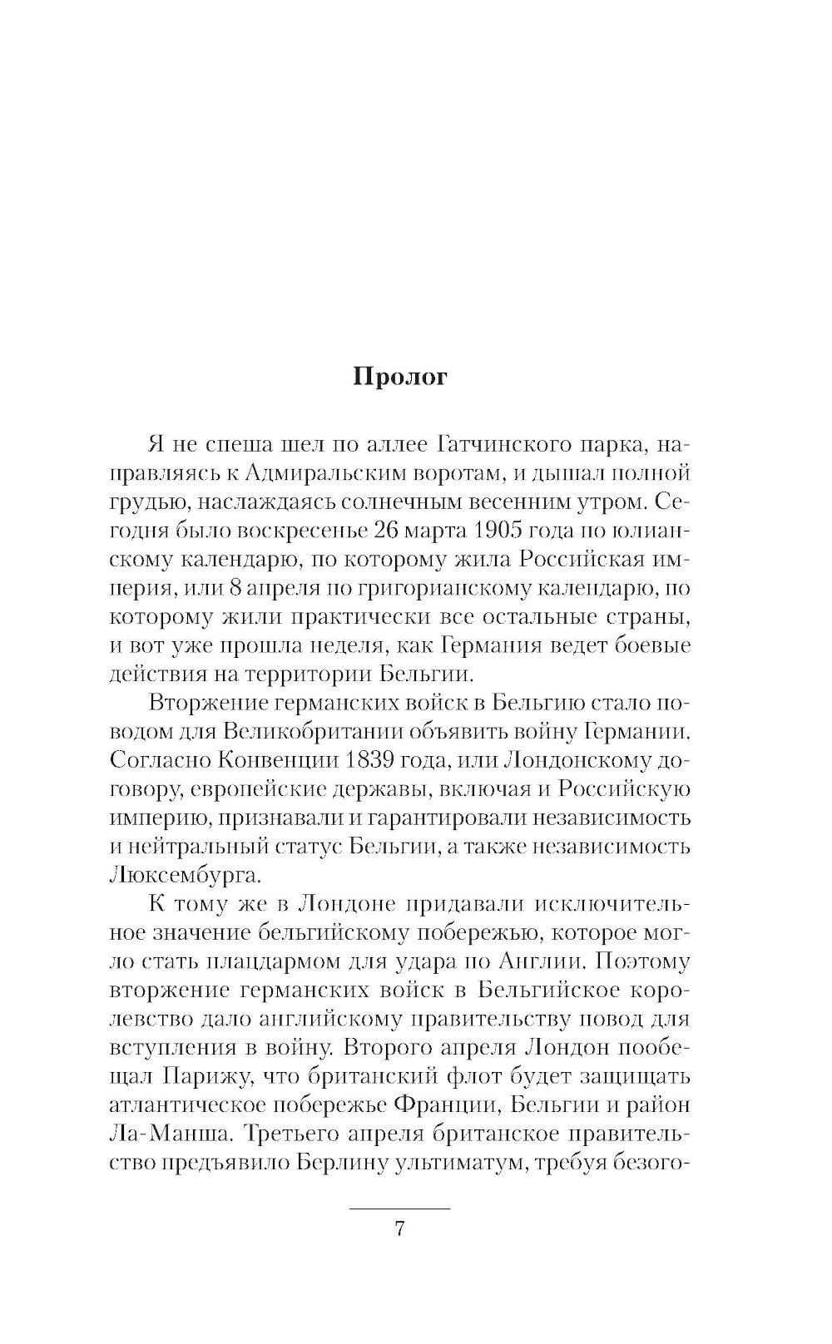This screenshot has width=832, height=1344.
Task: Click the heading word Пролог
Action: (x=400, y=378)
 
